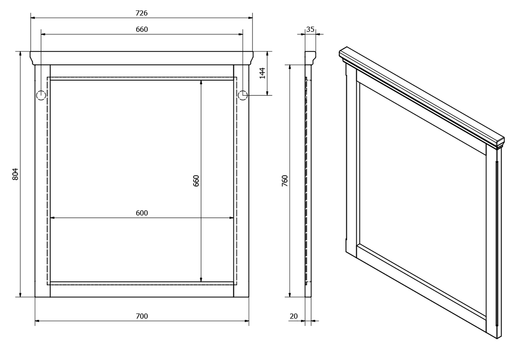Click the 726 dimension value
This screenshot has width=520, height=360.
pyautogui.click(x=141, y=13)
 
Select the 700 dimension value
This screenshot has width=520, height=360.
pyautogui.click(x=141, y=316)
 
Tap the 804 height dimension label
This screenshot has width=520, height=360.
pyautogui.click(x=15, y=174)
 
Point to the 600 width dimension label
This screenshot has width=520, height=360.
pyautogui.click(x=141, y=213)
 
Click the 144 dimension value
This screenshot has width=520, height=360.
pyautogui.click(x=262, y=73)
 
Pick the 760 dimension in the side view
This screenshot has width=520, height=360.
pyautogui.click(x=285, y=181)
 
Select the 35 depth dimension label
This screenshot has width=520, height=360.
pyautogui.click(x=310, y=29)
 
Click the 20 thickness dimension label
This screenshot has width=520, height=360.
pyautogui.click(x=294, y=316)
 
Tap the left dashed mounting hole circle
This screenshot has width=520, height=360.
pyautogui.click(x=41, y=95)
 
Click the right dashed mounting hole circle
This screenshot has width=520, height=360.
pyautogui.click(x=243, y=95)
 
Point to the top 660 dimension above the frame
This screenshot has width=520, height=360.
pyautogui.click(x=141, y=29)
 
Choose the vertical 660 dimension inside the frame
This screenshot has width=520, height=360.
pyautogui.click(x=196, y=181)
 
